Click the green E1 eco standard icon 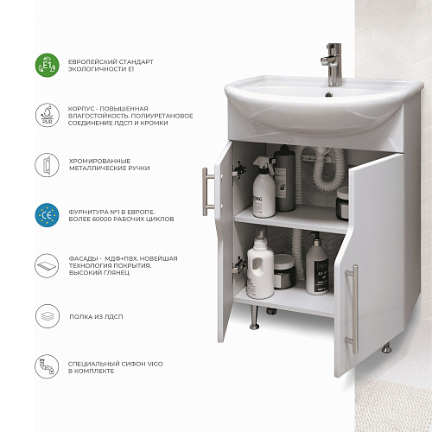(47, 65)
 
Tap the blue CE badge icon (47, 215)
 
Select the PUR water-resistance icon (47, 115)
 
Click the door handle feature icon (47, 165)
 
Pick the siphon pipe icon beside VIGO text (47, 366)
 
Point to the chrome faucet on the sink (333, 65)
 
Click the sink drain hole (329, 94)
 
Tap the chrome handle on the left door (206, 192)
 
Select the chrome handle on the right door (353, 309)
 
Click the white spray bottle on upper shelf (264, 187)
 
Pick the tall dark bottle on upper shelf (284, 178)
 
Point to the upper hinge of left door (239, 172)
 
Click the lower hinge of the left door (239, 265)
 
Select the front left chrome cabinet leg (254, 317)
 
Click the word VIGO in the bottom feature (156, 364)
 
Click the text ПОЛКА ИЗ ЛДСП (96, 316)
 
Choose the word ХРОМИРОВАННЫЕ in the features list (99, 161)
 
